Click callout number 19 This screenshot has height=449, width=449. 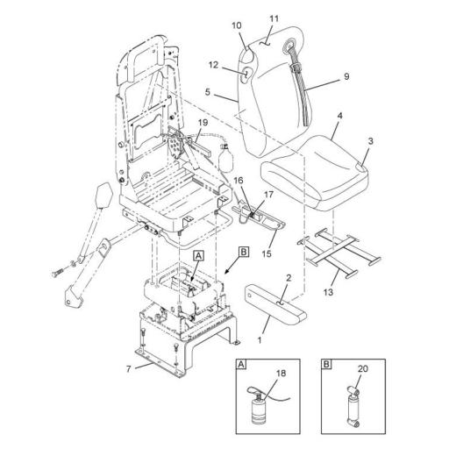coord(203,122)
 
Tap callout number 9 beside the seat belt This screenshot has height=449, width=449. coord(346,76)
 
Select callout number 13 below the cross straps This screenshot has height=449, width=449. coord(328,292)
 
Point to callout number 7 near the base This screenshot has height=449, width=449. coord(129,369)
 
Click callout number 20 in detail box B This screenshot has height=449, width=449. coord(363,369)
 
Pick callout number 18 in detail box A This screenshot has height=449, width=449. coord(281,374)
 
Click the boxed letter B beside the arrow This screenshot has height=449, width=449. coord(244,252)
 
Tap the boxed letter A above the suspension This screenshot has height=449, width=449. coord(198,256)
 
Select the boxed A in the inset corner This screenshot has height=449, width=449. coord(240,364)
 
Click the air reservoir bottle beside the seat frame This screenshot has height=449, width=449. coord(226,158)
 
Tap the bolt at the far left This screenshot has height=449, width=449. coord(57,274)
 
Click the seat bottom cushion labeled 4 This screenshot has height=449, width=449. coord(314,173)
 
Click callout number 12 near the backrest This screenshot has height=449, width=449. coord(213,65)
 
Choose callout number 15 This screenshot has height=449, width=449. coord(267,253)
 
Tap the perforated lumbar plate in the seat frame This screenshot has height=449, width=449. coord(176,146)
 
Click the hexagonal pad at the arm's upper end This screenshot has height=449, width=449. coord(104,195)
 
